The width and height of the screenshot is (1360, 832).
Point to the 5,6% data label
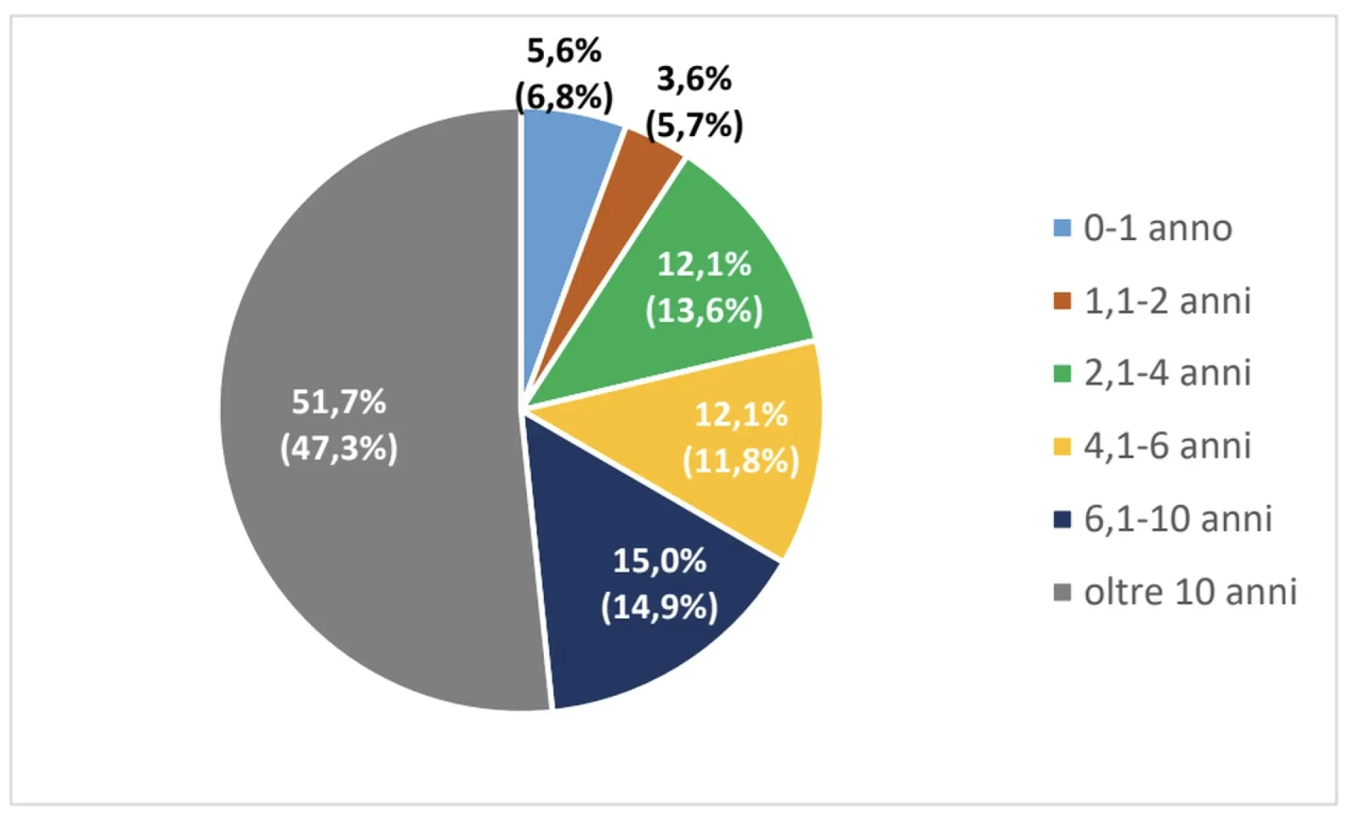click(564, 51)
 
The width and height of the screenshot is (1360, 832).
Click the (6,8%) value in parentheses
click(564, 96)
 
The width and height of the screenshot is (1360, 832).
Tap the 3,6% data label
click(694, 79)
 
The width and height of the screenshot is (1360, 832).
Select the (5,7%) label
click(694, 124)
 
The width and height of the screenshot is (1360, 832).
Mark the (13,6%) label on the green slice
click(704, 311)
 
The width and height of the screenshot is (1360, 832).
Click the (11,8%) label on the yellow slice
click(741, 461)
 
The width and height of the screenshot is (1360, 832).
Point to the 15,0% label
click(659, 561)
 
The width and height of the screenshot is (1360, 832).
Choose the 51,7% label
click(339, 402)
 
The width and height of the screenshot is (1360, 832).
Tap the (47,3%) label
click(339, 448)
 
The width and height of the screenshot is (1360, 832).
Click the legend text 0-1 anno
click(1157, 228)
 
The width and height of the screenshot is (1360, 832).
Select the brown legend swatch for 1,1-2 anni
click(1061, 301)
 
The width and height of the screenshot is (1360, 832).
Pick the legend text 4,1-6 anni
click(1167, 446)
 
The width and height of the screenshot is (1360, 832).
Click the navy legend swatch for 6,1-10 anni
click(1061, 519)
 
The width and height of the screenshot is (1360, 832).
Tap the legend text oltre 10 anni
click(1190, 592)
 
